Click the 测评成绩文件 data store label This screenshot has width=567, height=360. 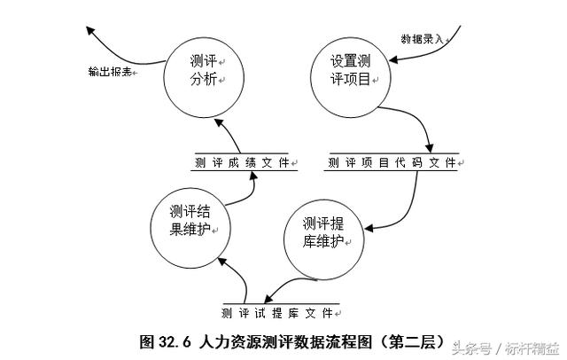[241, 163]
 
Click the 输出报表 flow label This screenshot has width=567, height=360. [111, 71]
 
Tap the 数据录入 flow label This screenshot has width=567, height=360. [422, 39]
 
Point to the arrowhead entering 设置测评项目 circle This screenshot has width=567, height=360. [391, 61]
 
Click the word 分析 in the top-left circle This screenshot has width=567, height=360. [204, 82]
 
